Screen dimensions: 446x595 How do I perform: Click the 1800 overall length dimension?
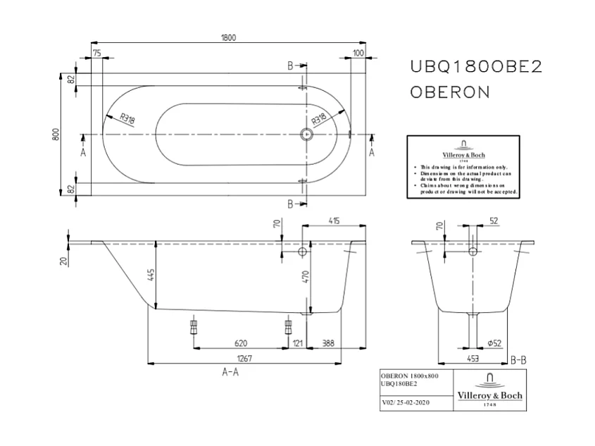click(x=228, y=37)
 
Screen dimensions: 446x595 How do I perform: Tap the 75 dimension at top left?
click(x=97, y=53)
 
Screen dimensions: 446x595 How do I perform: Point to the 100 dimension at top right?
click(x=358, y=53)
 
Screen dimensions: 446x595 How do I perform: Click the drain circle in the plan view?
click(x=307, y=133)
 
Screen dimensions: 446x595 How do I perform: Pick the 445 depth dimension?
click(x=150, y=275)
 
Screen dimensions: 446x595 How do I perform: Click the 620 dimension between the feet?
click(x=240, y=343)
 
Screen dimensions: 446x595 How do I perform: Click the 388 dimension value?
click(x=328, y=343)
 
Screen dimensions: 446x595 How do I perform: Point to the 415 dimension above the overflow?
click(x=334, y=221)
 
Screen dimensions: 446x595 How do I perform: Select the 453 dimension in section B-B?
click(x=473, y=359)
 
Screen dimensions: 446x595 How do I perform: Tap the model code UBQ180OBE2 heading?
click(x=475, y=66)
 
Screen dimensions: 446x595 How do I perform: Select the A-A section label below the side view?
click(x=230, y=373)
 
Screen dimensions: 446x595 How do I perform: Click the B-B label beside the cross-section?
click(x=518, y=360)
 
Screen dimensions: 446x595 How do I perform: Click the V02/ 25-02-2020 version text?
click(x=404, y=403)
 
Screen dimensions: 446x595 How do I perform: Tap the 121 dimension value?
click(x=297, y=343)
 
